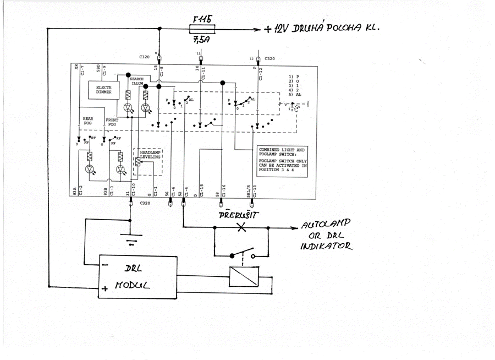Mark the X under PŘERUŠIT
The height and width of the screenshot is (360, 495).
click(x=241, y=227)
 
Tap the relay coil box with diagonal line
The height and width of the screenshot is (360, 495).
click(x=242, y=277)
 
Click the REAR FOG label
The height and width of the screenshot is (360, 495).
click(x=88, y=121)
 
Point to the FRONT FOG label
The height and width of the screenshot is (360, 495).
click(x=112, y=122)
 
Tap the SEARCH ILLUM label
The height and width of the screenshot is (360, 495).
click(x=136, y=81)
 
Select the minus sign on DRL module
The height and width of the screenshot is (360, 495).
click(x=104, y=263)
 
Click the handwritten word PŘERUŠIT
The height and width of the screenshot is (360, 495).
click(x=240, y=214)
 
